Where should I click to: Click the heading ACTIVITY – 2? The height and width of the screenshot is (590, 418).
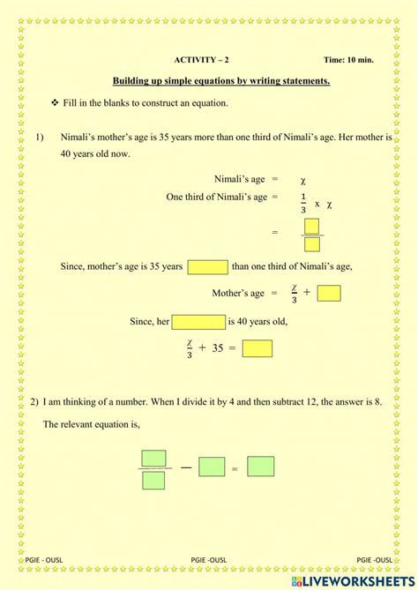coord(201,60)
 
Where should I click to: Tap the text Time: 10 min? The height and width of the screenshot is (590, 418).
coord(348,60)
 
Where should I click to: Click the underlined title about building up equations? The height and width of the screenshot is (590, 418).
coord(221,82)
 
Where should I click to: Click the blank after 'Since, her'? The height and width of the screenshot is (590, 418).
coord(198,322)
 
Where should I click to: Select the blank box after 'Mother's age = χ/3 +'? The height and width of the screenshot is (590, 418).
coord(328,293)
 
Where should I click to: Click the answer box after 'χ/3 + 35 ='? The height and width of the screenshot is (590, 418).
coord(257,348)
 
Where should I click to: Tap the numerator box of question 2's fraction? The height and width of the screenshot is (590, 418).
coord(153,459)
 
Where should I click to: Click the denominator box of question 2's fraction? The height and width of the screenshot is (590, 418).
coord(153,481)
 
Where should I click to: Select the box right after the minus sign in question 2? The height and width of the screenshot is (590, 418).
coord(212,467)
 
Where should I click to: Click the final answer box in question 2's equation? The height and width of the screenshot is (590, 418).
coord(260,467)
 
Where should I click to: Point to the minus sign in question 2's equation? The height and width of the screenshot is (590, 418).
coord(186,467)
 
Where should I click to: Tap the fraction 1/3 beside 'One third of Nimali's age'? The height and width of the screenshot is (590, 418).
coord(303,202)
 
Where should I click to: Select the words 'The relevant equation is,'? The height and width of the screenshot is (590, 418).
coord(91,424)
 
